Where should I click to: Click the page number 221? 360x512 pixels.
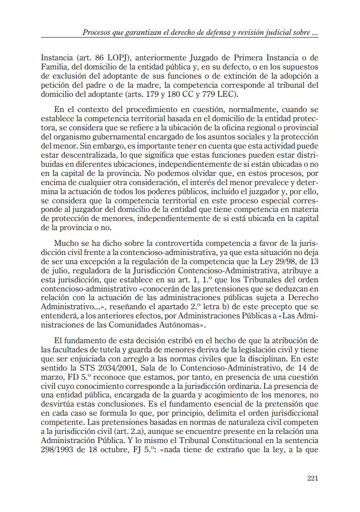point(312,478)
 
